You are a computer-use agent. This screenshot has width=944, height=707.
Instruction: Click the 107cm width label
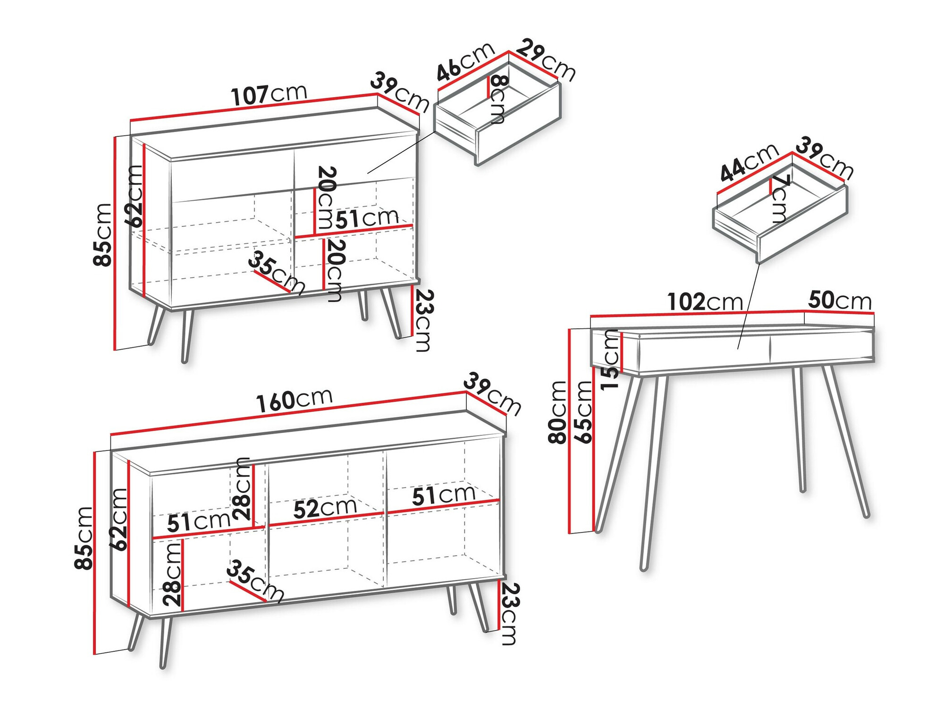269,94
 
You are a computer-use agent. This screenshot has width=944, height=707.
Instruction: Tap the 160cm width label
295,400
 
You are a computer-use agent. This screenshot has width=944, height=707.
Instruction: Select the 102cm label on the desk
705,302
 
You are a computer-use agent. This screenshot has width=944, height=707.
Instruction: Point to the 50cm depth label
840,300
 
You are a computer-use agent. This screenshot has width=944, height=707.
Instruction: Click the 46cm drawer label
465,62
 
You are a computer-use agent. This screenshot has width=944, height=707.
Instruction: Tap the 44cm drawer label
749,162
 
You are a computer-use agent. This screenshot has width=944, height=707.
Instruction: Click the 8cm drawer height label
498,99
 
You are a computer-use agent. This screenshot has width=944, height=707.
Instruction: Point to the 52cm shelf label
325,507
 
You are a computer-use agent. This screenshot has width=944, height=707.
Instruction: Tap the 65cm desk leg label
583,412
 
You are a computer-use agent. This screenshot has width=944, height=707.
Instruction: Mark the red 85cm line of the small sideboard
115,243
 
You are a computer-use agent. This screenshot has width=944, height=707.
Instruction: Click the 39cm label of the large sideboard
492,394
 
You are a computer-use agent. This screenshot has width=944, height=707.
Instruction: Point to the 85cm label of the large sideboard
84,538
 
